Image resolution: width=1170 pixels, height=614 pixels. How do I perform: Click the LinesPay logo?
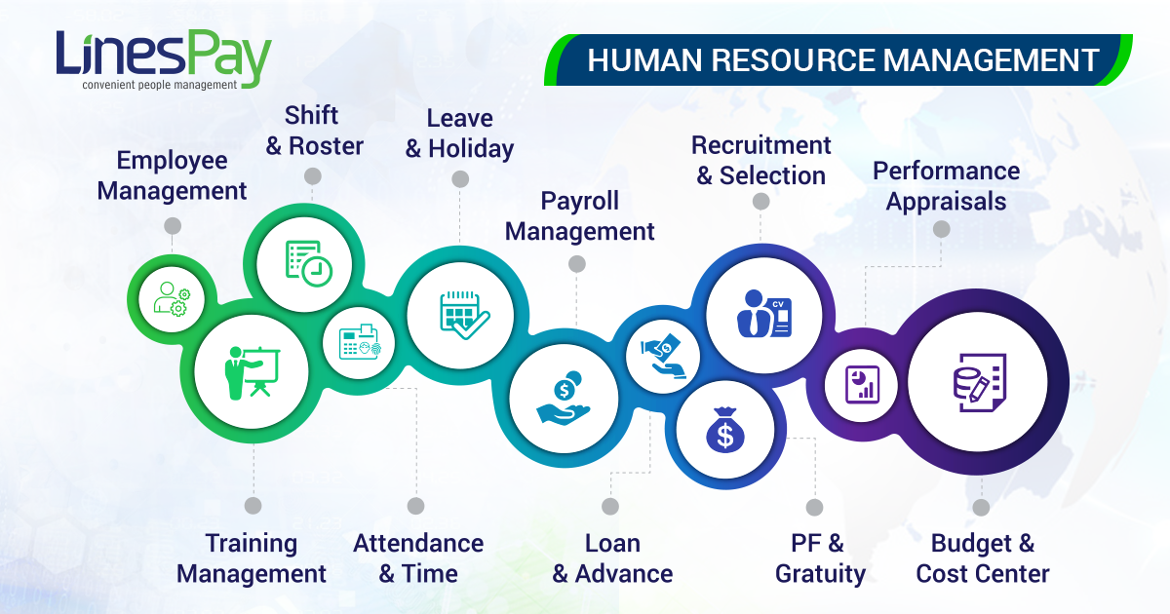click(164, 59)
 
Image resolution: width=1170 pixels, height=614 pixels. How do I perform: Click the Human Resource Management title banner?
click(838, 59)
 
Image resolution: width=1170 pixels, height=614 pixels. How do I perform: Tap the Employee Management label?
click(172, 175)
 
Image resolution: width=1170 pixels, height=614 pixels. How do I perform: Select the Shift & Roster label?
click(314, 131)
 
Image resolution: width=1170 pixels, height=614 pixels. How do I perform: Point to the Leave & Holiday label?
click(459, 134)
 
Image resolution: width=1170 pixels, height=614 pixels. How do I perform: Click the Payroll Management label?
click(579, 216)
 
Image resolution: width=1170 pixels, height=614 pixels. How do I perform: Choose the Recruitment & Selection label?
click(761, 160)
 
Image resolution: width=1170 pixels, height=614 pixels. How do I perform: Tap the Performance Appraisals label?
click(946, 186)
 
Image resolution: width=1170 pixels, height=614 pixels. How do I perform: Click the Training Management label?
click(252, 558)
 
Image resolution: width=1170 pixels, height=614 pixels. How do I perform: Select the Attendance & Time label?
click(418, 558)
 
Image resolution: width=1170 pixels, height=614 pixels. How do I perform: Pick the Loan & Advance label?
click(612, 558)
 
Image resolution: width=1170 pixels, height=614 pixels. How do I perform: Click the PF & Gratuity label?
click(820, 558)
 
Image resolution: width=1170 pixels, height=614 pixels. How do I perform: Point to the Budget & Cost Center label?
click(983, 558)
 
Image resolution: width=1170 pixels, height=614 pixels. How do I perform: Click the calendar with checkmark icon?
click(464, 316)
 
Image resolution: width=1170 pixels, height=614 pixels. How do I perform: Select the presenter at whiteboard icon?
click(253, 372)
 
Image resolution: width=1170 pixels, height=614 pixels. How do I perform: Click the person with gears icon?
click(172, 299)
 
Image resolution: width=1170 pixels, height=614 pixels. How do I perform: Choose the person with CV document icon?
click(764, 314)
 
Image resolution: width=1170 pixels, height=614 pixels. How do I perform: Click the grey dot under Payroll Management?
click(576, 264)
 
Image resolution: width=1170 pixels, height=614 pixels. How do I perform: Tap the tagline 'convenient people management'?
click(160, 85)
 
